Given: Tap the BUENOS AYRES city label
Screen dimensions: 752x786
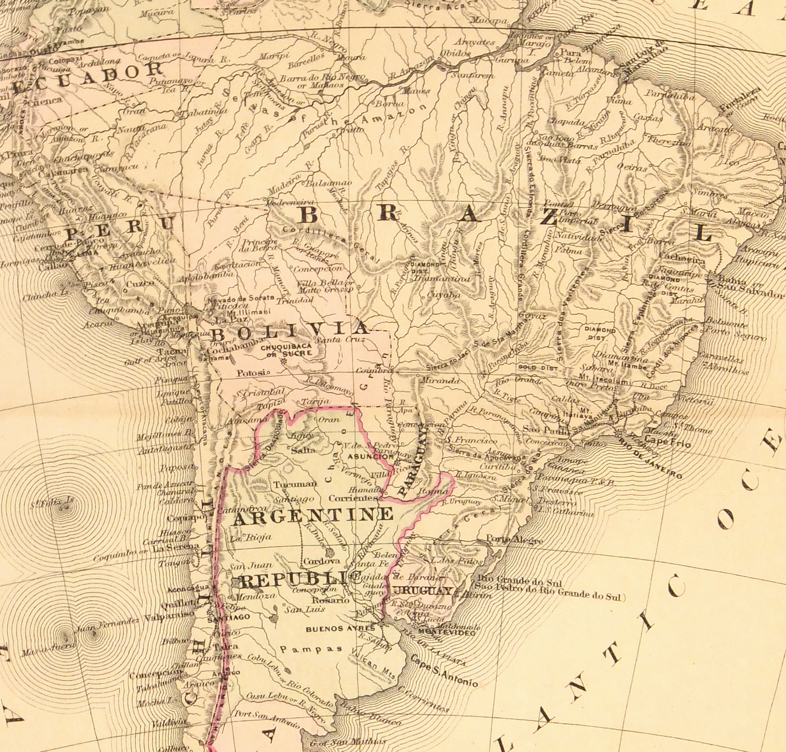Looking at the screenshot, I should point(340,629).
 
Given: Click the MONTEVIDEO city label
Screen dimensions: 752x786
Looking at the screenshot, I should point(446,633).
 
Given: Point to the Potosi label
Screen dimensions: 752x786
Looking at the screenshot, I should point(251,373).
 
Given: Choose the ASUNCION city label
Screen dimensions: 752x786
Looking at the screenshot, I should point(370,456).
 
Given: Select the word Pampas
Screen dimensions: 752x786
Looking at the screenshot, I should point(311,649).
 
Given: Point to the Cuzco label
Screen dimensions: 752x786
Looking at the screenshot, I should point(140,284).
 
